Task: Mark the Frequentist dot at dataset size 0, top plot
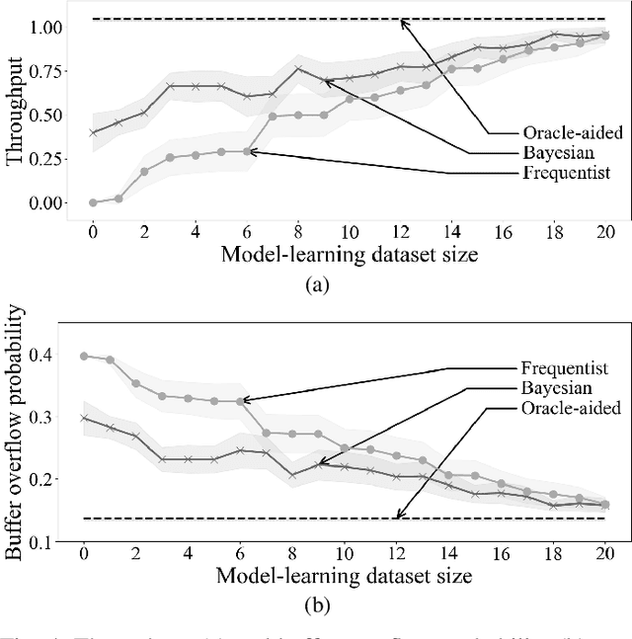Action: click(93, 202)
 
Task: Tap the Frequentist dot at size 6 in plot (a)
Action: click(247, 151)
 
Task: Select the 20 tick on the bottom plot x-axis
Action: click(603, 554)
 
